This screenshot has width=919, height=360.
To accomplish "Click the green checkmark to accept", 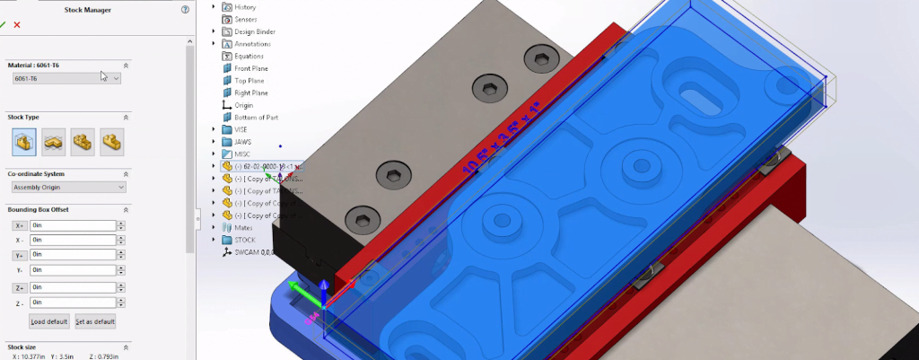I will (4, 24).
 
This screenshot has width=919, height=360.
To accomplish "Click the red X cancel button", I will (17, 24).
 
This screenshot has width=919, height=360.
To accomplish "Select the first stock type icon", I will (24, 141).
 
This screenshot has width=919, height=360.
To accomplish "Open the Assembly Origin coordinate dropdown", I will (68, 187).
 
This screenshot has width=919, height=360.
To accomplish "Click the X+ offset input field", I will (72, 225).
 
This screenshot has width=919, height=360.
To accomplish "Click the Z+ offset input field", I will (72, 287).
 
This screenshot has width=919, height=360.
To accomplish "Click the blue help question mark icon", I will (185, 9).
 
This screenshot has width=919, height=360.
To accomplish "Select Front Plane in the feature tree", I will (250, 68).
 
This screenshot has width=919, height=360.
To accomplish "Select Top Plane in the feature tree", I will (249, 80).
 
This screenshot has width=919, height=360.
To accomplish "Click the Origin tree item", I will (243, 105).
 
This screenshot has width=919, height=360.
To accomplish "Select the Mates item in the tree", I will (242, 228).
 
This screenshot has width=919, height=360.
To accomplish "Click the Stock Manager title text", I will (88, 9).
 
